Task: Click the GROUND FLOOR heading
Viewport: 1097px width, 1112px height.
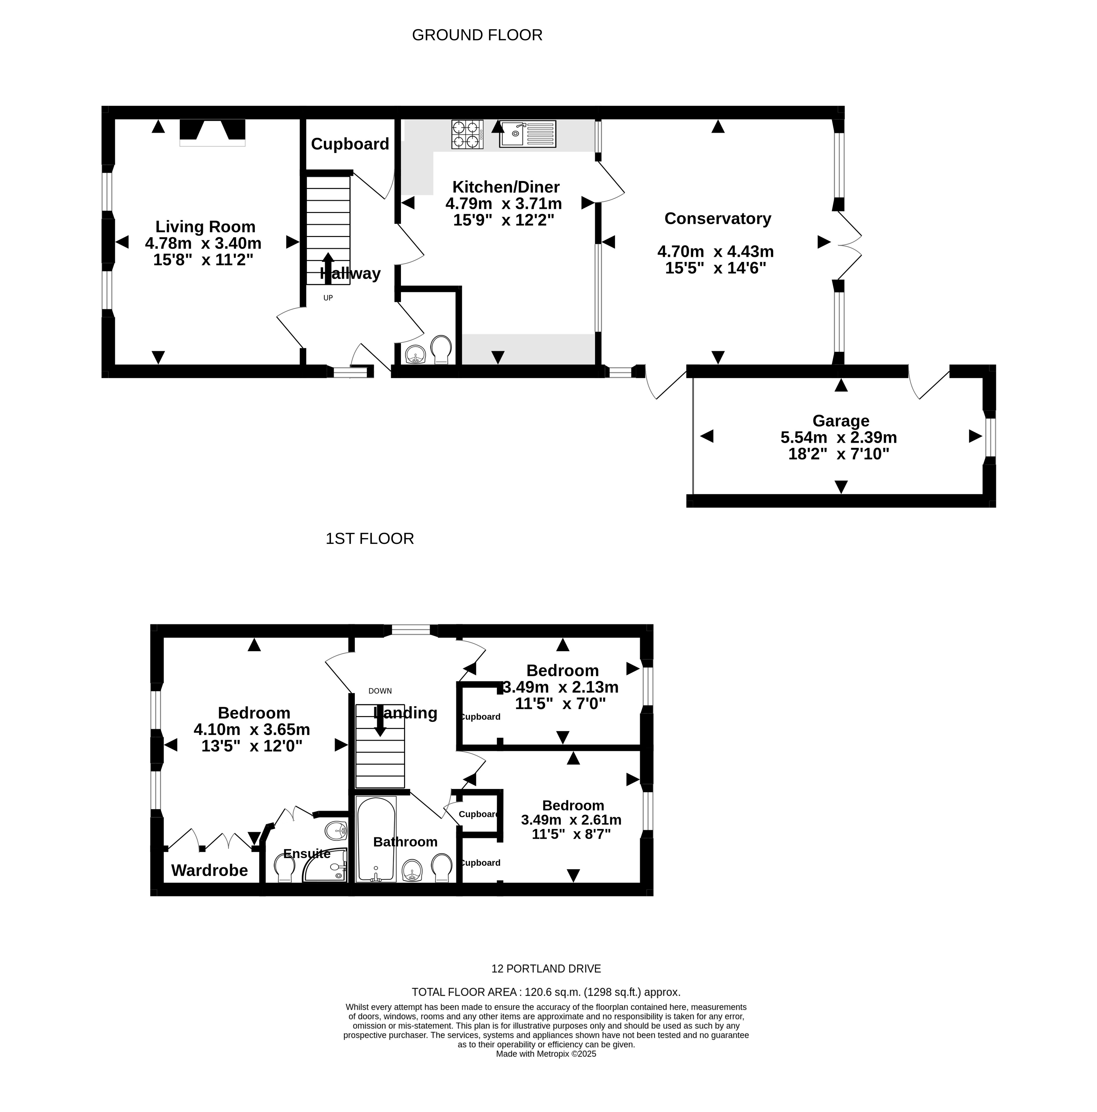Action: coord(477,35)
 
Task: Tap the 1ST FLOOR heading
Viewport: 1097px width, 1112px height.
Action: coord(370,539)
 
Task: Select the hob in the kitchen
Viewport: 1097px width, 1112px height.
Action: coord(467,135)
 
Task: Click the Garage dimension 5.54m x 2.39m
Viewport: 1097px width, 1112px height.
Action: coord(838,437)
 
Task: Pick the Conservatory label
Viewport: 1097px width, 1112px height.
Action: coord(718,219)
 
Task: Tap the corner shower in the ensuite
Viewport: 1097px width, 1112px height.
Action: coord(326,865)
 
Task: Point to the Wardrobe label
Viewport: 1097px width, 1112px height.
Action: coord(209,870)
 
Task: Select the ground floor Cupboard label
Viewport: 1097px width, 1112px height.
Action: coord(350,144)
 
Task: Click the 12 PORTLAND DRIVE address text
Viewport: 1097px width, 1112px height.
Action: coord(546,969)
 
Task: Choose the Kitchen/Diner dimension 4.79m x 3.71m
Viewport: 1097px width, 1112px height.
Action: coord(503,204)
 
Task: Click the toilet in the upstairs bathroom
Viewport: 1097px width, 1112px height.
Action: coord(441,868)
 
